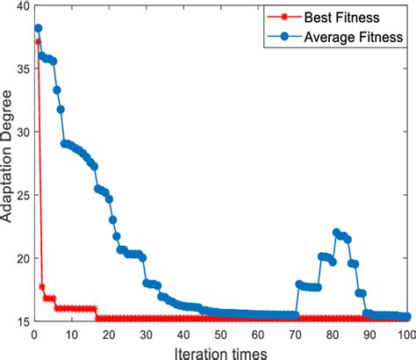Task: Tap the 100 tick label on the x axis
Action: click(x=405, y=335)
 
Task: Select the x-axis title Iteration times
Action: click(x=220, y=350)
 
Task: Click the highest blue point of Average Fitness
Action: click(x=38, y=28)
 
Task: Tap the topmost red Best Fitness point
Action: click(x=38, y=41)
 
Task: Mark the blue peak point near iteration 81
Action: click(x=337, y=233)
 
